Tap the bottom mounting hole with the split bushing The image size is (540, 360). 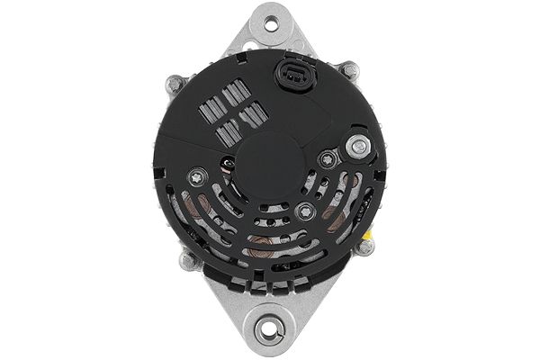coord(269,330)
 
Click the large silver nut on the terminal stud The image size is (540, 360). coord(359,144)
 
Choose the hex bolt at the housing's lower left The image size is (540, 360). coord(189,261)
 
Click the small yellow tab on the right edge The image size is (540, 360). coord(369,233)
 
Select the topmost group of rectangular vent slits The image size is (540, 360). coord(236,92)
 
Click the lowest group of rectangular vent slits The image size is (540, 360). coord(228,133)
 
